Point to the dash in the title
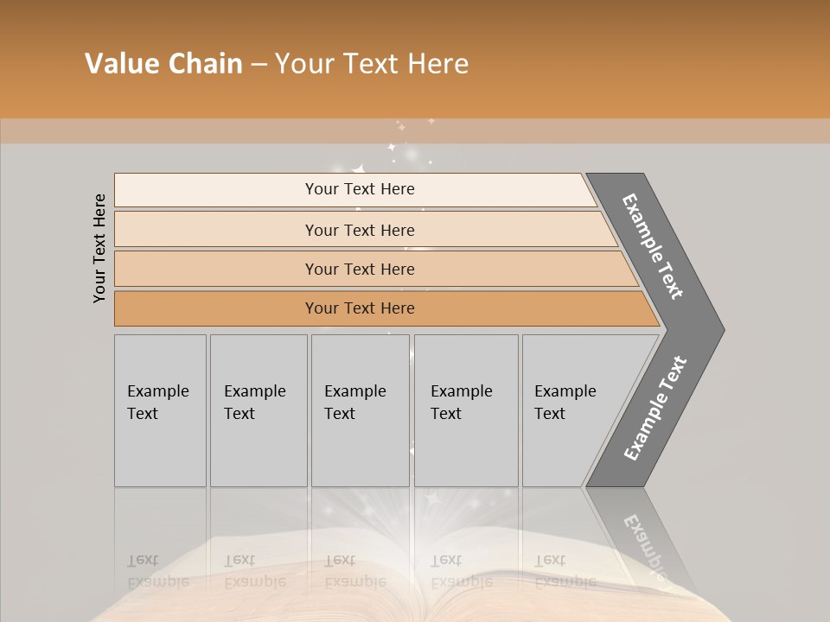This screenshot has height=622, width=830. [259, 65]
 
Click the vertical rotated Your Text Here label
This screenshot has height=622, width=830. [99, 248]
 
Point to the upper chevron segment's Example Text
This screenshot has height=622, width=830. [653, 246]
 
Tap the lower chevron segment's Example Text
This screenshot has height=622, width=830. [654, 409]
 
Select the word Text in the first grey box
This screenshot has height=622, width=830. [143, 414]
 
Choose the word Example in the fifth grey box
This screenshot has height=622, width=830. [565, 391]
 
